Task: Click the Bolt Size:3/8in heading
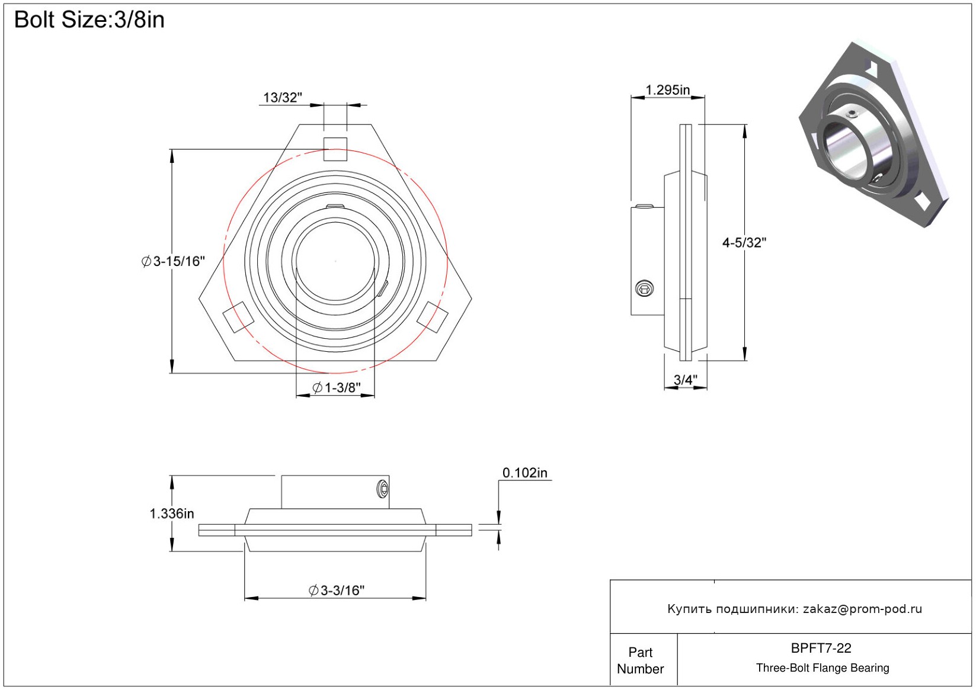pyautogui.click(x=89, y=20)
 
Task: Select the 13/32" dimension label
pyautogui.click(x=283, y=98)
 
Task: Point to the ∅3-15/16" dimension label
pyautogui.click(x=173, y=261)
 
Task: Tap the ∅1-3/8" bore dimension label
pyautogui.click(x=336, y=388)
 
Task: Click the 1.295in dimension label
pyautogui.click(x=667, y=90)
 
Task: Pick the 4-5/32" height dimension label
pyautogui.click(x=744, y=242)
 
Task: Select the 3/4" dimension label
pyautogui.click(x=686, y=380)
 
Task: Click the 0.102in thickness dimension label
pyautogui.click(x=525, y=473)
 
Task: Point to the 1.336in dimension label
pyautogui.click(x=172, y=514)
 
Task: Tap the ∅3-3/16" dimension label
pyautogui.click(x=337, y=590)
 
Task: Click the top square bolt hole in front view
pyautogui.click(x=335, y=149)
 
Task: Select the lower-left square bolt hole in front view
pyautogui.click(x=238, y=317)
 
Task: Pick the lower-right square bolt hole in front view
pyautogui.click(x=433, y=317)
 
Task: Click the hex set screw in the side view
pyautogui.click(x=644, y=289)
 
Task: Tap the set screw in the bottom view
pyautogui.click(x=383, y=489)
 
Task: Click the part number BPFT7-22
pyautogui.click(x=821, y=648)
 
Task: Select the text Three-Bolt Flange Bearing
pyautogui.click(x=823, y=668)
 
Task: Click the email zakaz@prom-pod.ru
pyautogui.click(x=862, y=609)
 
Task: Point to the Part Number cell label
pyautogui.click(x=640, y=660)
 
